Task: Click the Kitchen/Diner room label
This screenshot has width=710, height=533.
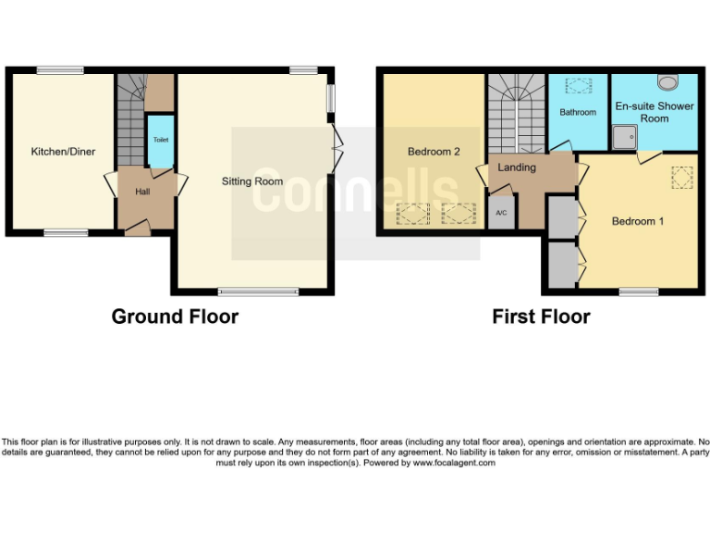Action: click(x=63, y=152)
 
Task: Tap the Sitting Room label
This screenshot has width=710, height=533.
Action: click(x=252, y=181)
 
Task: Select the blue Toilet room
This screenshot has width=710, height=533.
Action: click(x=160, y=142)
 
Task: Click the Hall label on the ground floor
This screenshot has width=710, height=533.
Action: click(x=142, y=192)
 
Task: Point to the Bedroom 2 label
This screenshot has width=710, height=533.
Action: click(x=434, y=152)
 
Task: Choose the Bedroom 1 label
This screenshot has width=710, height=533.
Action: click(x=637, y=221)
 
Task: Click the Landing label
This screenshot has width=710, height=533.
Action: click(x=517, y=167)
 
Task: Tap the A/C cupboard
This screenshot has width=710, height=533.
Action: click(x=502, y=213)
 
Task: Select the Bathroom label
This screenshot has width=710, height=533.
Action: click(x=578, y=113)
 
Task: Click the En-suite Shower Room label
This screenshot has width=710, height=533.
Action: click(x=655, y=112)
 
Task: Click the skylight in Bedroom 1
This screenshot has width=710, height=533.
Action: click(x=683, y=176)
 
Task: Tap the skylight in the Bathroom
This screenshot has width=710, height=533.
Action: click(x=579, y=87)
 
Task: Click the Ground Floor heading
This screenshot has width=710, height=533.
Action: click(x=175, y=316)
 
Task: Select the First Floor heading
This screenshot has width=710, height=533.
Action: click(x=541, y=316)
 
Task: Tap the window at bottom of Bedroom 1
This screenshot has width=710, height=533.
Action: click(x=639, y=292)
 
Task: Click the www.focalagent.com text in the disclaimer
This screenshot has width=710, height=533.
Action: click(x=454, y=463)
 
